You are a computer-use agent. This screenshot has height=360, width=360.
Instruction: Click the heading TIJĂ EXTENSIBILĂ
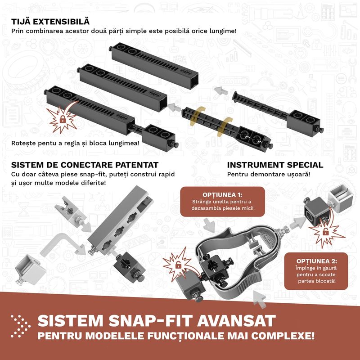tap(50, 22)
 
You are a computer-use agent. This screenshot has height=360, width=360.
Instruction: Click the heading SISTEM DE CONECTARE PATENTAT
tap(85, 165)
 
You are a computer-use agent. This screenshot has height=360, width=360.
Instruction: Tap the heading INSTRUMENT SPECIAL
tap(275, 165)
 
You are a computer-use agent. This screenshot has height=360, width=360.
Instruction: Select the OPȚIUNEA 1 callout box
tap(222, 202)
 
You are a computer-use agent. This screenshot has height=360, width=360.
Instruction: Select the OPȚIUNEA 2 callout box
tap(316, 271)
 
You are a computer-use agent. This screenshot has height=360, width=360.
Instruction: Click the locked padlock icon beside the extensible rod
tap(63, 119)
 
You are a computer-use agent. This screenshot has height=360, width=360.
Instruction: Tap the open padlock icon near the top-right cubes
tap(325, 232)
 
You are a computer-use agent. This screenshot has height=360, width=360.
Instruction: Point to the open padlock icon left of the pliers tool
tap(178, 265)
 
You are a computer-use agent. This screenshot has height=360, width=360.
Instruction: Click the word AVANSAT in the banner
tap(236, 320)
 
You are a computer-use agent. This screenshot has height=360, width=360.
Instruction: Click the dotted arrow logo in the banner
tap(20, 326)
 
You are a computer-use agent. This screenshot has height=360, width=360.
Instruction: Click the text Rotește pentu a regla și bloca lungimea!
tap(75, 143)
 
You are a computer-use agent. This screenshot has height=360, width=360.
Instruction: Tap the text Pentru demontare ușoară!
tap(268, 174)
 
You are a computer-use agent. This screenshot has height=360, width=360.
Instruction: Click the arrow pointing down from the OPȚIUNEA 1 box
tap(209, 225)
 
